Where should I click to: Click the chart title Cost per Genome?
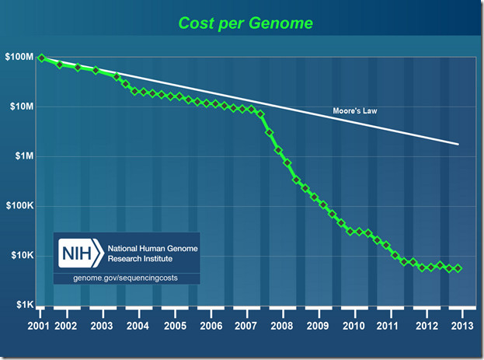point(245,23)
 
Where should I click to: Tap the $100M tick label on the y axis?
point(18,58)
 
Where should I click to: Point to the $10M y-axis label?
point(19,107)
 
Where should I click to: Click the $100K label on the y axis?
point(18,206)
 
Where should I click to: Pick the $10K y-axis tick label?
point(21,256)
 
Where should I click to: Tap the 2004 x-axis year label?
point(138,324)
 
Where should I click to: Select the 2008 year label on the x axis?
point(282,324)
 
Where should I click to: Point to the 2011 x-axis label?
point(389,324)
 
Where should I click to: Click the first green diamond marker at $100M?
point(41,58)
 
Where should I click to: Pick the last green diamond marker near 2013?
point(458,268)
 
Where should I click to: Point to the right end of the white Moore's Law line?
point(458,144)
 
